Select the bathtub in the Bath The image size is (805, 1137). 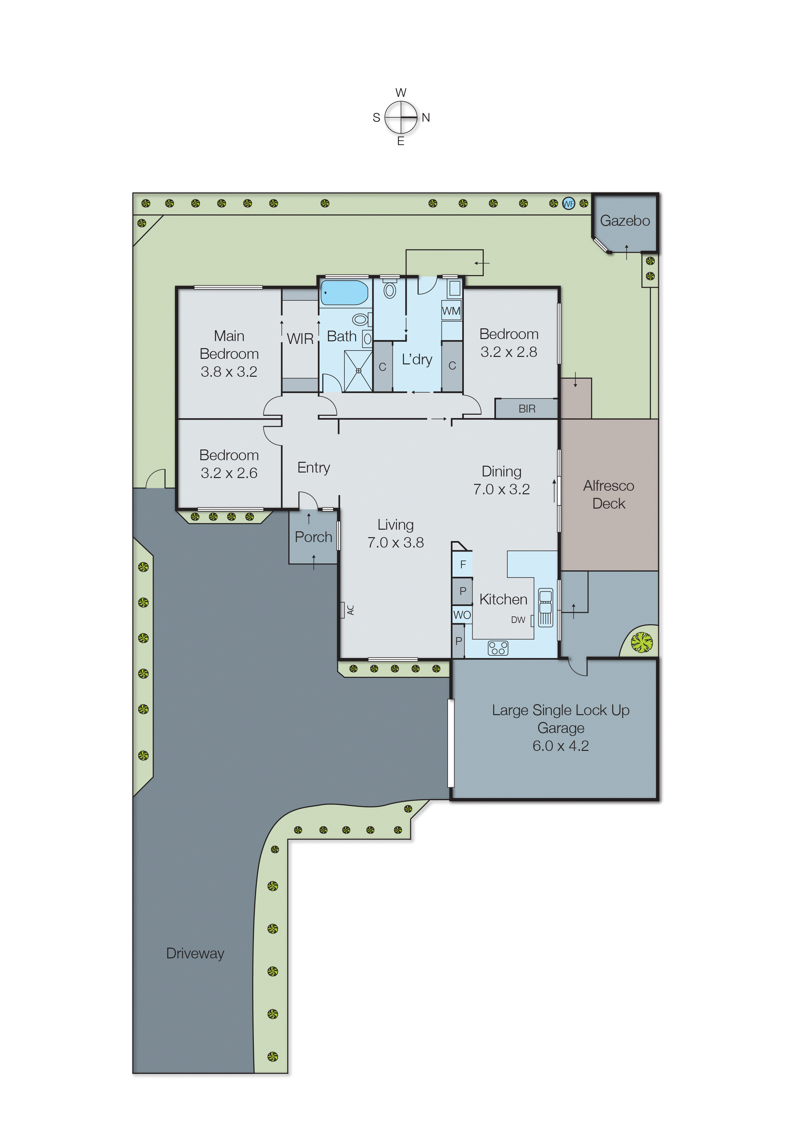tap(344, 293)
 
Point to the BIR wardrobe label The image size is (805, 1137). tap(526, 409)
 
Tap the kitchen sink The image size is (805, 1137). tap(545, 607)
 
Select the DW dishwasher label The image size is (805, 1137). tap(518, 620)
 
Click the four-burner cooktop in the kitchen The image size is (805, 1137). tap(498, 648)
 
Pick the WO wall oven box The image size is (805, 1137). tap(462, 615)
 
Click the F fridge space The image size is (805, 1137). tap(463, 564)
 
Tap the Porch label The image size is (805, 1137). tap(313, 537)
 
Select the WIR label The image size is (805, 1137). tap(300, 339)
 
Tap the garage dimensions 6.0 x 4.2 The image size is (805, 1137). tap(560, 746)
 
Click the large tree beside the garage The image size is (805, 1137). tap(641, 642)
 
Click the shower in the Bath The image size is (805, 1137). tap(358, 371)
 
